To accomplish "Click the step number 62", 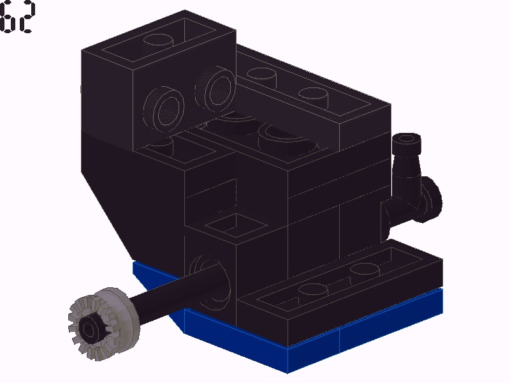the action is (17, 17).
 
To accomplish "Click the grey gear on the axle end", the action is (104, 324).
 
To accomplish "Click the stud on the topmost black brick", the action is (158, 40).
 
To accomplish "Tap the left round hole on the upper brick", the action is (164, 107).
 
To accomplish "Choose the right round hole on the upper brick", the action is (215, 88).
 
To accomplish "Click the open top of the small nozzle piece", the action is (406, 139).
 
